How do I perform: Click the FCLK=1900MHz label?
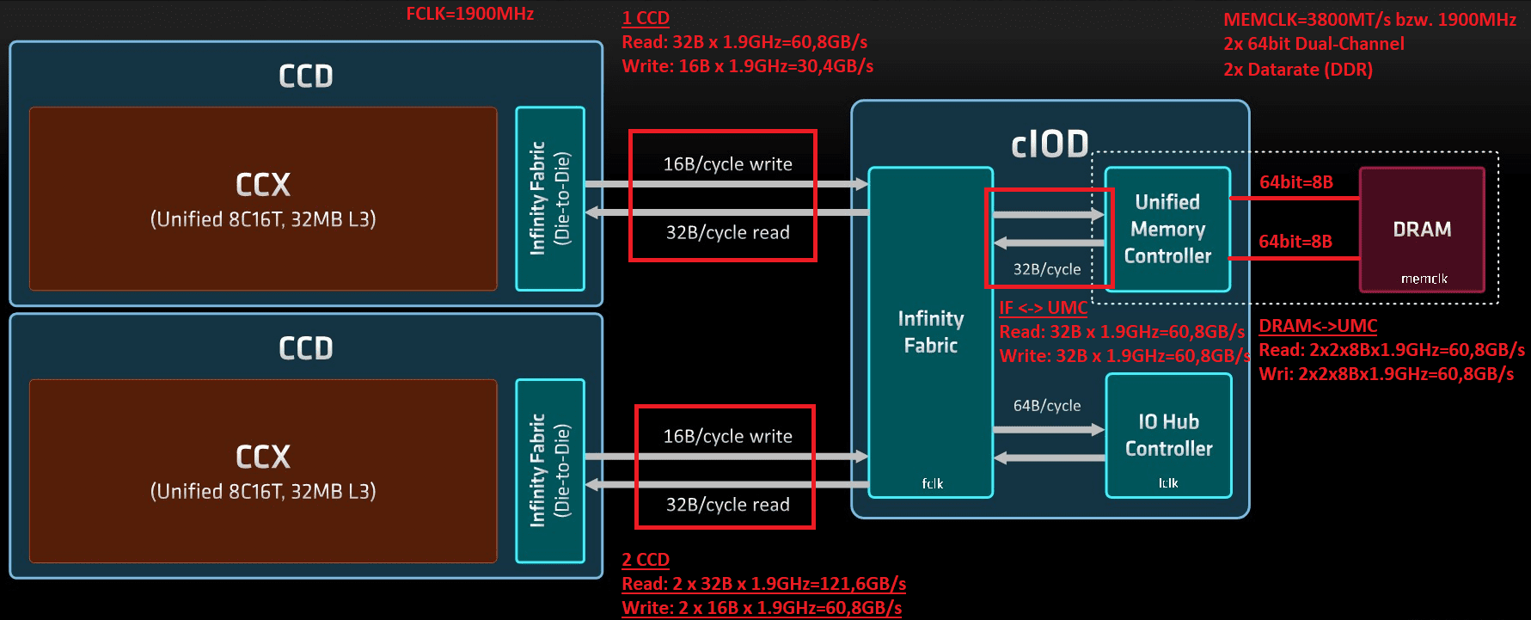pyautogui.click(x=469, y=15)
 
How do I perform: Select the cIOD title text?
pyautogui.click(x=1050, y=144)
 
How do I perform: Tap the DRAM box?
pyautogui.click(x=1422, y=230)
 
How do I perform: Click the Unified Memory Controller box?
pyautogui.click(x=1167, y=229)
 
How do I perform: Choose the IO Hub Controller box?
pyautogui.click(x=1168, y=435)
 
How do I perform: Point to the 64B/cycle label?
pyautogui.click(x=1047, y=406)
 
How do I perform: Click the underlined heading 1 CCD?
pyautogui.click(x=646, y=18)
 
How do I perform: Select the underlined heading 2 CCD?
pyautogui.click(x=646, y=560)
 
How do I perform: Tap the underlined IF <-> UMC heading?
pyautogui.click(x=1043, y=308)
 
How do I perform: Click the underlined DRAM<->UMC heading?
pyautogui.click(x=1318, y=326)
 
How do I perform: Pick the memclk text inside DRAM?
pyautogui.click(x=1424, y=279)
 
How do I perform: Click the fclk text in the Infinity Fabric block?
pyautogui.click(x=932, y=483)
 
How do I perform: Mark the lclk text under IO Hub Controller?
pyautogui.click(x=1168, y=483)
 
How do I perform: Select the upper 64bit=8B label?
pyautogui.click(x=1295, y=182)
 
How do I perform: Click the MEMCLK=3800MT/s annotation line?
pyautogui.click(x=1369, y=20)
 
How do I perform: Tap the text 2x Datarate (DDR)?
pyautogui.click(x=1298, y=70)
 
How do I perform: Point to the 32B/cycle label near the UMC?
pyautogui.click(x=1047, y=269)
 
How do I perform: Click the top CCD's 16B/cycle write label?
pyautogui.click(x=727, y=164)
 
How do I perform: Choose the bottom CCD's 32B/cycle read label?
pyautogui.click(x=727, y=505)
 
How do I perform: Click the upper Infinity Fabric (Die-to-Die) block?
pyautogui.click(x=550, y=199)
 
